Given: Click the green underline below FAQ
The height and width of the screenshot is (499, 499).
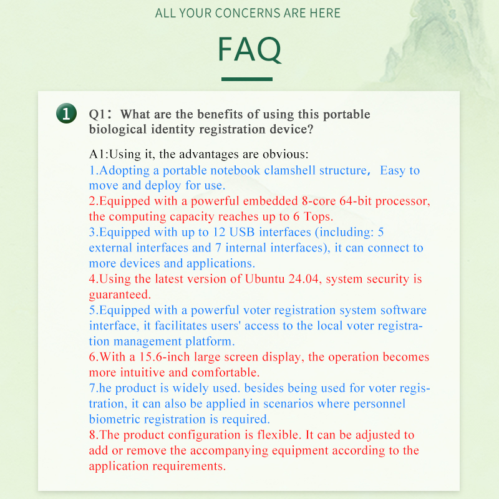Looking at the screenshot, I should pyautogui.click(x=247, y=79).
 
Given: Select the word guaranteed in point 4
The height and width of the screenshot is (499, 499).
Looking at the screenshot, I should pyautogui.click(x=120, y=295).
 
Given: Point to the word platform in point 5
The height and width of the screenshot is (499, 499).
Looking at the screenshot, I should pyautogui.click(x=211, y=342).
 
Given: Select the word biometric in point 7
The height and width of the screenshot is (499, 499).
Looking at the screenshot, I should pyautogui.click(x=117, y=419).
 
